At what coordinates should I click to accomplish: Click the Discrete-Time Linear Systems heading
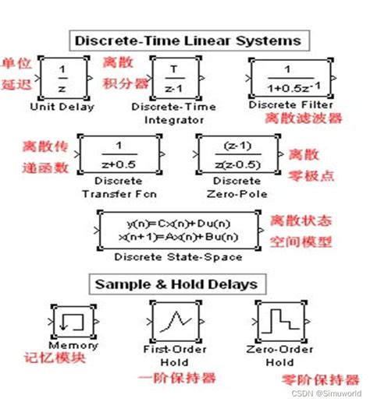coord(185,39)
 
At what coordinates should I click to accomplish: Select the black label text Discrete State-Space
coord(177,257)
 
